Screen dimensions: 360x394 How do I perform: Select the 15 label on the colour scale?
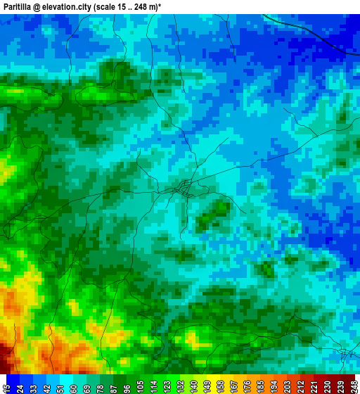click(6, 384)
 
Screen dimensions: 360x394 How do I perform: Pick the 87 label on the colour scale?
click(114, 384)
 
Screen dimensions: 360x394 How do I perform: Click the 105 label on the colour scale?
click(140, 384)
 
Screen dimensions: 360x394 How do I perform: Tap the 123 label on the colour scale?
click(166, 384)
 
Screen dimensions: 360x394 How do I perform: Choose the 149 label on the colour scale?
click(205, 384)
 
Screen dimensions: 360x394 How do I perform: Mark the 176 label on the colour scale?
click(246, 384)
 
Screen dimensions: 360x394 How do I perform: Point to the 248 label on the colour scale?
click(353, 384)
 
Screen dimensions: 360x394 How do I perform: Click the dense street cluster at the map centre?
click(184, 188)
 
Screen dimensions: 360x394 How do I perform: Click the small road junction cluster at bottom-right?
click(345, 353)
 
